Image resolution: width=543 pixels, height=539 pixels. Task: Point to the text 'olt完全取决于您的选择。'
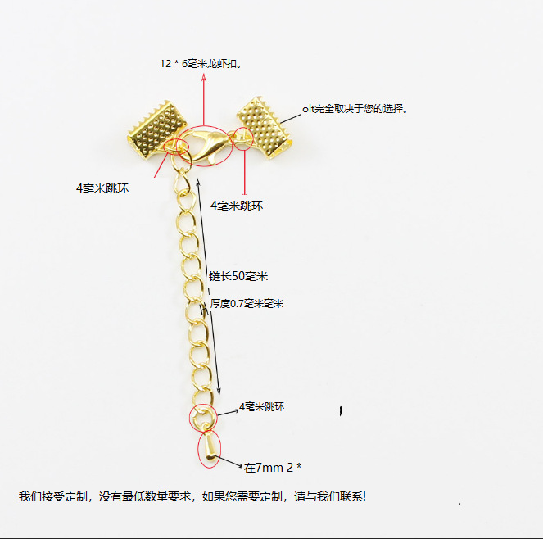click(x=355, y=108)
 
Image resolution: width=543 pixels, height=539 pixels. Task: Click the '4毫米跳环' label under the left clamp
click(x=102, y=188)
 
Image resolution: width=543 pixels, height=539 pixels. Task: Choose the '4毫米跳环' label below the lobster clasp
click(x=237, y=205)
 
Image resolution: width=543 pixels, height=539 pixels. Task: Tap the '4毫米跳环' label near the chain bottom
click(x=261, y=407)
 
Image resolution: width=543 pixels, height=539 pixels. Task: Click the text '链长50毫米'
click(x=238, y=275)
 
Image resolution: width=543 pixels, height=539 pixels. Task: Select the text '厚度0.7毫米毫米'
click(x=247, y=303)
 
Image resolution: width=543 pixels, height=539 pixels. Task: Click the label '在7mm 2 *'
click(x=274, y=468)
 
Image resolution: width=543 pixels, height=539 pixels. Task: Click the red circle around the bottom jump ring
click(x=202, y=418)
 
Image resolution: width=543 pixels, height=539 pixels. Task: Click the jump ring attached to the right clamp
click(x=242, y=138)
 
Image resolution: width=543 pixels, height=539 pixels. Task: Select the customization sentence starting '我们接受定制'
click(x=192, y=496)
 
